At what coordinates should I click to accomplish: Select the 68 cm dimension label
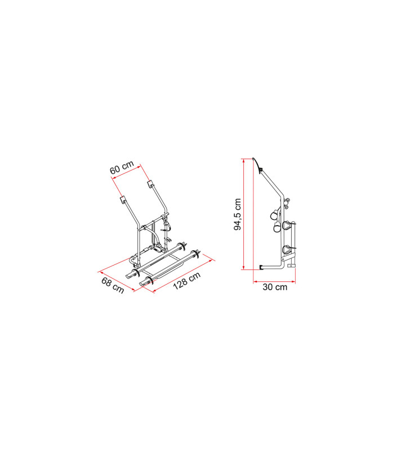(x=113, y=285)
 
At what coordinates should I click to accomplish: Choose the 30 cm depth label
(x=275, y=287)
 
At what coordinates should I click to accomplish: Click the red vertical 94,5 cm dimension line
(x=244, y=214)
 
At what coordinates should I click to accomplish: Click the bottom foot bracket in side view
(x=262, y=267)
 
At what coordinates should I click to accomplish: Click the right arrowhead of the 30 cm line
(x=295, y=281)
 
